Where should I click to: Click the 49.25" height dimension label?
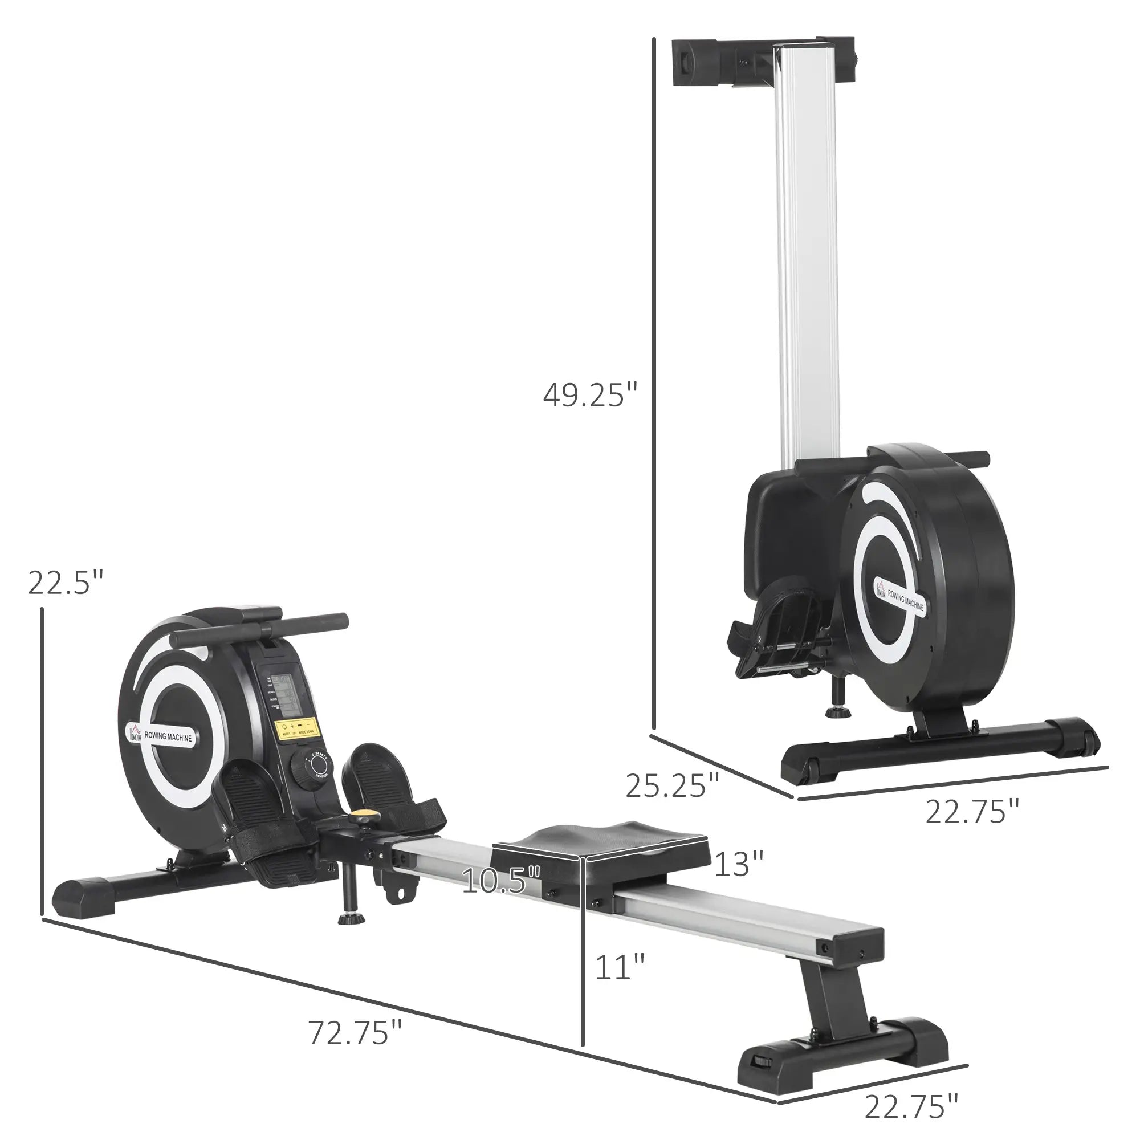pyautogui.click(x=591, y=396)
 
